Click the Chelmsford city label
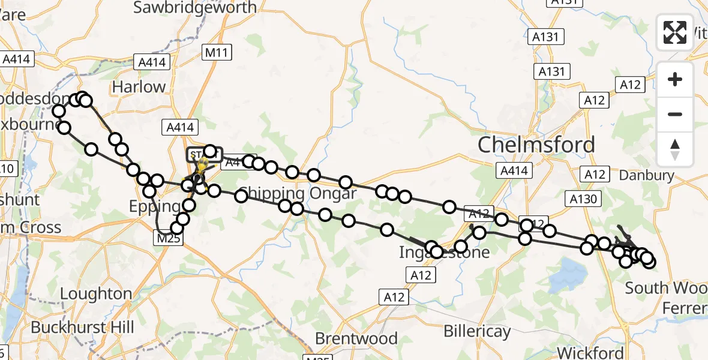[536, 145]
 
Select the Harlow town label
[139, 87]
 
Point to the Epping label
[155, 207]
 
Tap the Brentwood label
[356, 339]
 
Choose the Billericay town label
[477, 331]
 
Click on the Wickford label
[590, 352]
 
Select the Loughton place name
[96, 294]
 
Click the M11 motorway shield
[216, 53]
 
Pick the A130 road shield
[583, 199]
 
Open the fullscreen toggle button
[675, 32]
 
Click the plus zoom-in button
[675, 79]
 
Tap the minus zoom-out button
[675, 114]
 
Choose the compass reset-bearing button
[675, 149]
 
